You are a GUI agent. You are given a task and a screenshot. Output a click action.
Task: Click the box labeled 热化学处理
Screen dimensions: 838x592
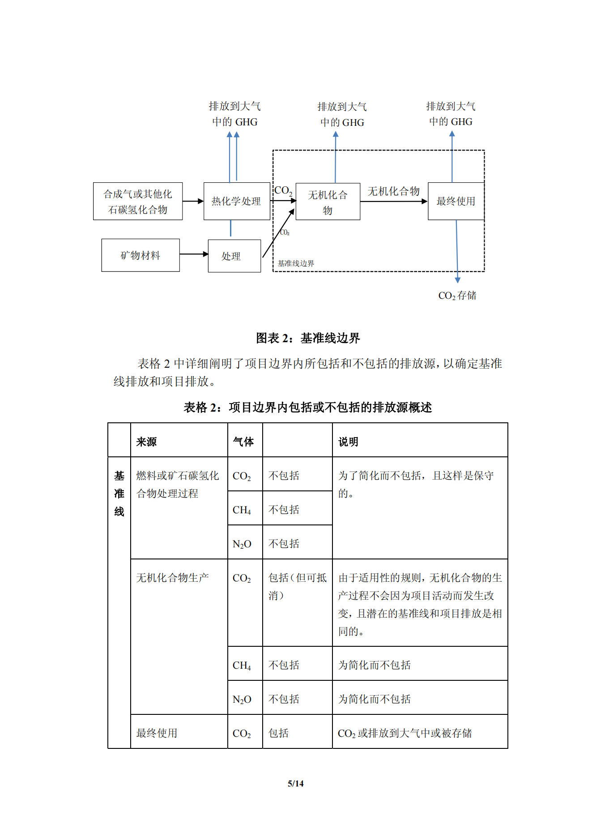[x=236, y=201]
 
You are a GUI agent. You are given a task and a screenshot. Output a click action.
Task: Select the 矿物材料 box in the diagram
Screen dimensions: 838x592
[x=140, y=255]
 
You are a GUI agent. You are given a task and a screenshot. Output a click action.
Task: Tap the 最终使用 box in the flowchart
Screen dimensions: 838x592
[x=456, y=201]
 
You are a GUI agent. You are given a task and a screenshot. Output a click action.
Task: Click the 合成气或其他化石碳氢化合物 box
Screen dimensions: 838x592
[x=137, y=202]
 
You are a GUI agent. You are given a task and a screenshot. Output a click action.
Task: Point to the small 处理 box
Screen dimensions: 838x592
[x=234, y=256]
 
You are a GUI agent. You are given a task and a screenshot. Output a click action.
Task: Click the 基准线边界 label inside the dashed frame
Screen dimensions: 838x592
[x=296, y=263]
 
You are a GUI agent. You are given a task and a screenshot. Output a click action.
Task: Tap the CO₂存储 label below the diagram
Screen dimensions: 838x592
[x=457, y=296]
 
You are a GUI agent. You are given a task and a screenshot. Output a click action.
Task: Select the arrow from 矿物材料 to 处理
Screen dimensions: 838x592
[x=193, y=254]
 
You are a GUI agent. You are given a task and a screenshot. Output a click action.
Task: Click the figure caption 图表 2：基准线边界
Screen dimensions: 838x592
[x=307, y=338]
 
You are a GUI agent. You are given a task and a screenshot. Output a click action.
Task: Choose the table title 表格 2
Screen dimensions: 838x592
[x=307, y=407]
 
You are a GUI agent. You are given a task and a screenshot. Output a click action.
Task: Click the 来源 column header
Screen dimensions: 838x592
[x=146, y=442]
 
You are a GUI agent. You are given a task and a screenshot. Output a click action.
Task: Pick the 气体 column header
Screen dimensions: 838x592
[x=243, y=442]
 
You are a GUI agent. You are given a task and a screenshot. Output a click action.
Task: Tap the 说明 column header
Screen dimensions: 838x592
[x=348, y=442]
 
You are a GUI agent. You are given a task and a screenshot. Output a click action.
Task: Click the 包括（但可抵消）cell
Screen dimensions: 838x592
[x=297, y=586]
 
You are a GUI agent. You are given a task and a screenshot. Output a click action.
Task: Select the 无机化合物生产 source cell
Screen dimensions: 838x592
[x=172, y=578]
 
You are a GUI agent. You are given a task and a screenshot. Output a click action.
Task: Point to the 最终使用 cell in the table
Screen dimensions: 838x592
[x=157, y=733]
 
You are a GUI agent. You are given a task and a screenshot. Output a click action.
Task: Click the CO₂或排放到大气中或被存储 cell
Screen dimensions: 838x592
[x=405, y=733]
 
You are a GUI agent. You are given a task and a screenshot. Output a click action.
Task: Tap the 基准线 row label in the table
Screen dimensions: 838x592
[x=119, y=493]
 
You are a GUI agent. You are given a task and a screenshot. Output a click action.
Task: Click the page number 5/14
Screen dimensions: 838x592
[x=295, y=783]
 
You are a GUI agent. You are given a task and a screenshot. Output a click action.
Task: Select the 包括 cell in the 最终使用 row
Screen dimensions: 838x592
[x=278, y=733]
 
